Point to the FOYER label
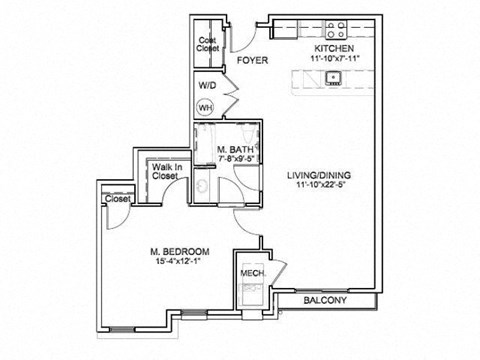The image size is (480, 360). coord(252,60)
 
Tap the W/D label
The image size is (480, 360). coord(208,86)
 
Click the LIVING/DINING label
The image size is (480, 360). coord(319,175)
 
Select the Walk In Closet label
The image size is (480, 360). coord(165,171)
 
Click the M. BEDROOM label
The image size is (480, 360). coord(179,250)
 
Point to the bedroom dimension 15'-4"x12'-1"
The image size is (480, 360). coord(179,261)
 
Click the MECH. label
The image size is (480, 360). coord(250,271)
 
